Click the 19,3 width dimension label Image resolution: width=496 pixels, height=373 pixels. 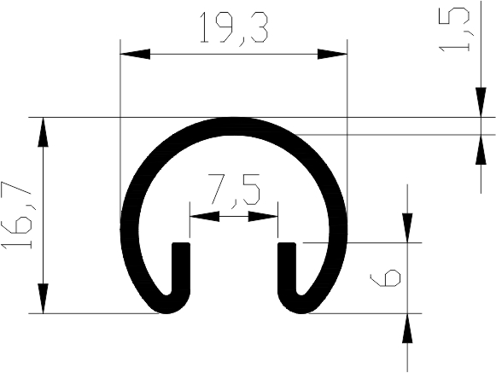tap(234, 28)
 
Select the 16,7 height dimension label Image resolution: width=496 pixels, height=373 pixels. tap(18, 215)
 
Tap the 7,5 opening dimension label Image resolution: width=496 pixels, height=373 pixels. tap(233, 191)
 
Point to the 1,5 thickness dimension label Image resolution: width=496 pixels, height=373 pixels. tap(454, 30)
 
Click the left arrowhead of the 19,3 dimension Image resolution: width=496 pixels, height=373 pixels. tap(135, 54)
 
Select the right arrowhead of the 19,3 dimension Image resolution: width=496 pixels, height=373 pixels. tap(332, 54)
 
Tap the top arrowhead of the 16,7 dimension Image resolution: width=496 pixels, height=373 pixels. tap(43, 132)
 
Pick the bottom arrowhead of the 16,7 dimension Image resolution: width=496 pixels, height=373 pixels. tap(43, 299)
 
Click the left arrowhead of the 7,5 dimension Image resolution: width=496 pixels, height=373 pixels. tap(204, 217)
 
